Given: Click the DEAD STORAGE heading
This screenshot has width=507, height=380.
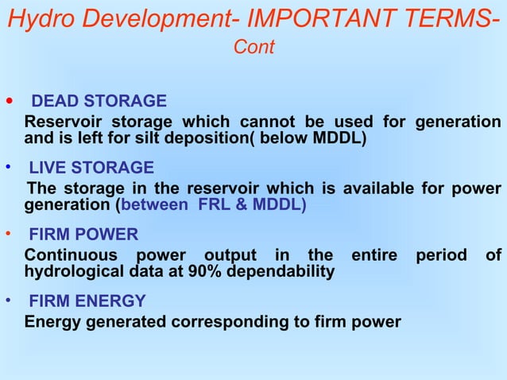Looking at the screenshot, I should point(99,101).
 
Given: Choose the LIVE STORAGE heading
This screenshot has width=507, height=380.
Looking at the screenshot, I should point(91,168).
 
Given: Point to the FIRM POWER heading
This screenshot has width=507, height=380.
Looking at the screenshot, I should point(83,235).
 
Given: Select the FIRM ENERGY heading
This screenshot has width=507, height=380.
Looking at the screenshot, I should point(87,301).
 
